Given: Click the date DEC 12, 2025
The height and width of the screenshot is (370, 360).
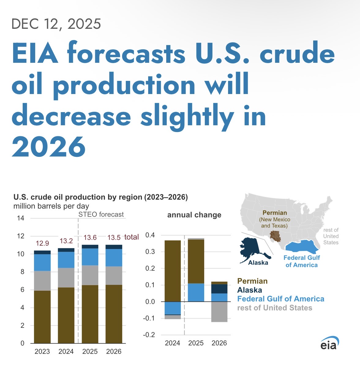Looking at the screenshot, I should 56,24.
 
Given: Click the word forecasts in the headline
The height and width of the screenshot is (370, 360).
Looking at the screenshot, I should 126,53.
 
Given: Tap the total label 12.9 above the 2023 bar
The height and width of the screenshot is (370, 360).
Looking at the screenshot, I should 42,244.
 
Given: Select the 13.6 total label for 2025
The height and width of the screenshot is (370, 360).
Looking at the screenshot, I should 90,238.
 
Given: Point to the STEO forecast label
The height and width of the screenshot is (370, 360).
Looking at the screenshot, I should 101,214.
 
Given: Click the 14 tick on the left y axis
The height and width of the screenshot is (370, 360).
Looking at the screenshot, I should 21,218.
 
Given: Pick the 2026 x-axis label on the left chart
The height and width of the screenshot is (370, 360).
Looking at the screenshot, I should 114,352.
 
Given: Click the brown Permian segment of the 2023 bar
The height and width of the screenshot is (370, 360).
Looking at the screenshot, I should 42,317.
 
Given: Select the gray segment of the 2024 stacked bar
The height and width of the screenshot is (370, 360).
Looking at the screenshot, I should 66,277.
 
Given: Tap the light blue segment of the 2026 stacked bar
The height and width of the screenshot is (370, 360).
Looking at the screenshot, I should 114,258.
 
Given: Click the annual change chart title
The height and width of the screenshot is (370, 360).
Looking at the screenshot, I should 194,215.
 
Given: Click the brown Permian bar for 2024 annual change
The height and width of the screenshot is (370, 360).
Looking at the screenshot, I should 173,271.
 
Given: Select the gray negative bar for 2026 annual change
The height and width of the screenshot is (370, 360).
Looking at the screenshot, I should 219,312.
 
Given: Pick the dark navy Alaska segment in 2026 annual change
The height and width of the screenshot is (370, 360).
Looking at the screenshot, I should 219,289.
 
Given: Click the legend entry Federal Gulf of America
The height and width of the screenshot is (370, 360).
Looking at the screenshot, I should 281,299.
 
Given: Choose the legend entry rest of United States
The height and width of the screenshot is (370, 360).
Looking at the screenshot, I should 275,308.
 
